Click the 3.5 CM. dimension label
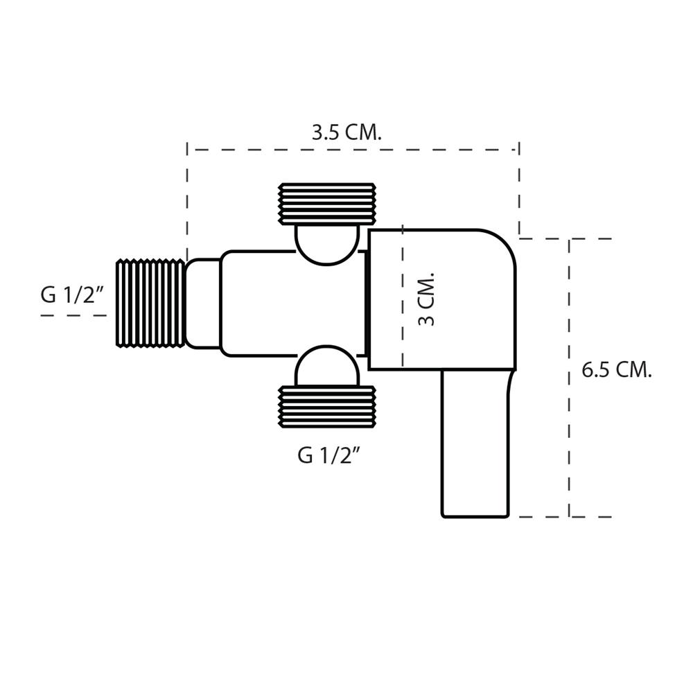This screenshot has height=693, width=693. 346,132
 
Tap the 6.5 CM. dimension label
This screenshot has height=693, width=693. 617,369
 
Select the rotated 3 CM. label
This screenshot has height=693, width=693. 428,299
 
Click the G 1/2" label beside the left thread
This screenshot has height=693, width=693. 72,295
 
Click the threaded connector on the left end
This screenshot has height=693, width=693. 150,303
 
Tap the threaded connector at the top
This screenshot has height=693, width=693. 327,204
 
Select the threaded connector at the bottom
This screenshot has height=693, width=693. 327,407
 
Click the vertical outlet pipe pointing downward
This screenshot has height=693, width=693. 476,444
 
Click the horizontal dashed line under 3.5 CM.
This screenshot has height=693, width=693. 353,149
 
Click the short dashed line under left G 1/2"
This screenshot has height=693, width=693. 73,315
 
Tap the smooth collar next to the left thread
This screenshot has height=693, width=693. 202,303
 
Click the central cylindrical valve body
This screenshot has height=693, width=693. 291,303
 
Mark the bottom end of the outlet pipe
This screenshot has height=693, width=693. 476,516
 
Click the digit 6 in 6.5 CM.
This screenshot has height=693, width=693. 587,369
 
